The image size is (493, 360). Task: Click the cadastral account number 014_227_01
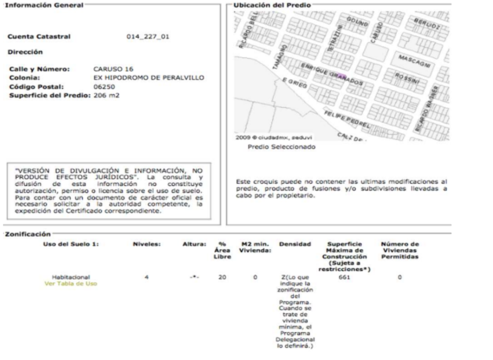pos(147,37)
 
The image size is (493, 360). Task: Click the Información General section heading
pos(37,5)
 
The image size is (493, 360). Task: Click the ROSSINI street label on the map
pos(407,78)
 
